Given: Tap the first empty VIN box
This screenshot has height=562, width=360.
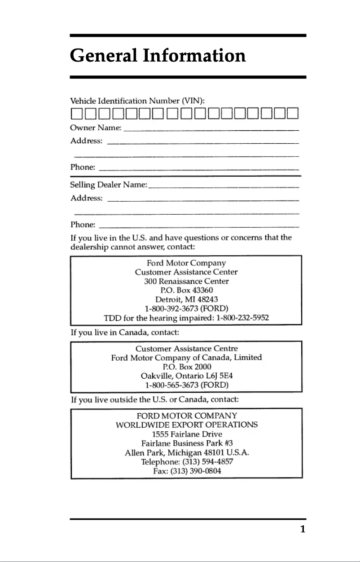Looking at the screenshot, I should [x=75, y=113].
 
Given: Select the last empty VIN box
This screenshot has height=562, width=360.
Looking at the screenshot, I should [x=293, y=113].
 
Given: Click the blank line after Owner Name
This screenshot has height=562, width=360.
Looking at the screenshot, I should [x=211, y=129].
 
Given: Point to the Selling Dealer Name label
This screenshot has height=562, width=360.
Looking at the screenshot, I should [x=109, y=185].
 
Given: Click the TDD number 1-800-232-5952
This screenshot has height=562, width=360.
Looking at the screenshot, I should [x=242, y=318].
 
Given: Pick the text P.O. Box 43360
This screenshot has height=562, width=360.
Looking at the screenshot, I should [x=186, y=290].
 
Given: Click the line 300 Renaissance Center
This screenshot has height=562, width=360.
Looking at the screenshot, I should [x=186, y=281].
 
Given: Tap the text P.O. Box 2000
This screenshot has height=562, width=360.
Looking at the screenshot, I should [x=186, y=367].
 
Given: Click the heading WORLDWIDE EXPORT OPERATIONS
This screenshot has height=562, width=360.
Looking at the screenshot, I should [x=187, y=425].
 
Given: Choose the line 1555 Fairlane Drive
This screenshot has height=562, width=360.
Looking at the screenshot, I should [x=187, y=434].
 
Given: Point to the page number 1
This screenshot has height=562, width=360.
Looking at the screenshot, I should [x=303, y=529].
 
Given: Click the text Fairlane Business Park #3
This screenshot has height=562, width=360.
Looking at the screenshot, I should [x=187, y=443].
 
